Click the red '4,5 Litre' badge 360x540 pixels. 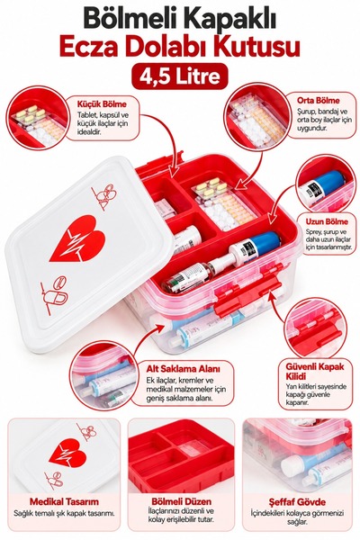[180, 76]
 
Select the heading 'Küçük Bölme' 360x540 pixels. [102, 104]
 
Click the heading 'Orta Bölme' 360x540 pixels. [318, 101]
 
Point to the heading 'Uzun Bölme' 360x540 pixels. [327, 221]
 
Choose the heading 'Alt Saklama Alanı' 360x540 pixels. [183, 368]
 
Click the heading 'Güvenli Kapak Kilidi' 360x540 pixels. [314, 371]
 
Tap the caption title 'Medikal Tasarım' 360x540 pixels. [64, 501]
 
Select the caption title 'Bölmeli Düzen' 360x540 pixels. [181, 501]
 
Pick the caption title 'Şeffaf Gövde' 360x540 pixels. [297, 502]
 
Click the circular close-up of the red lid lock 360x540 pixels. [316, 328]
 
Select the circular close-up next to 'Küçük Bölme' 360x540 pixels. [37, 118]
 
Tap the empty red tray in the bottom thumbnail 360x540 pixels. [181, 456]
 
